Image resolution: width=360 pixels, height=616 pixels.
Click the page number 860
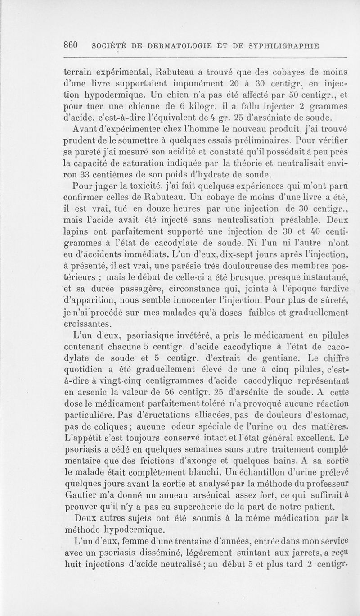(72, 45)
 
